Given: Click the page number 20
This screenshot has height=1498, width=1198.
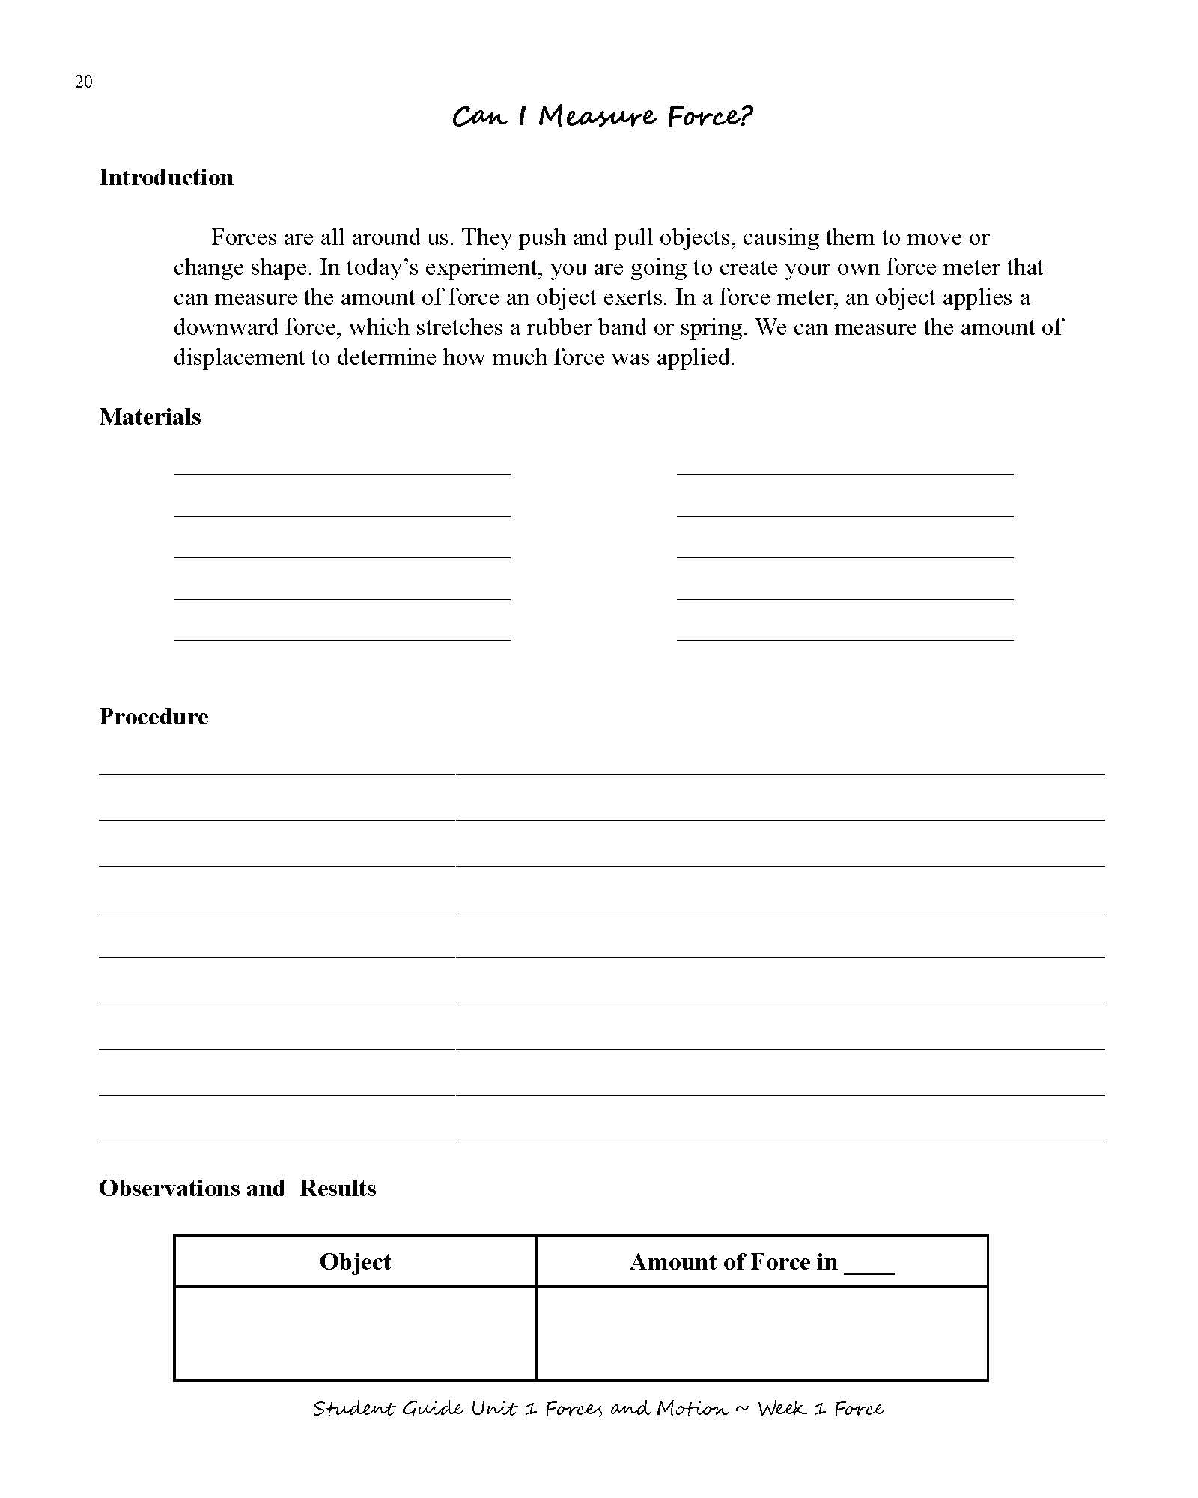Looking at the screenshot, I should (83, 82).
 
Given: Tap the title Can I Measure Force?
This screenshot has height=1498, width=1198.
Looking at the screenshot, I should (602, 116).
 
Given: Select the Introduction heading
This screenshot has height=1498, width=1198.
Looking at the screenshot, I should (166, 178).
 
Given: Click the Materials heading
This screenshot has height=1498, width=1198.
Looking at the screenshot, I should (150, 417).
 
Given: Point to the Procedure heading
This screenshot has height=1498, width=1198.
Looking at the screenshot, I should (153, 717).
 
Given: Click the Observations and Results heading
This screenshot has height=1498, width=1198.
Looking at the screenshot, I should (237, 1189).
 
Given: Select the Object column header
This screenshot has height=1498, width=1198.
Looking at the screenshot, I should (355, 1262).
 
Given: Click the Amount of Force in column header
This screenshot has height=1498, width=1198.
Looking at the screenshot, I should (733, 1262).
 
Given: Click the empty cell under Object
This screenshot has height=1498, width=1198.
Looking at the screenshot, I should (355, 1333).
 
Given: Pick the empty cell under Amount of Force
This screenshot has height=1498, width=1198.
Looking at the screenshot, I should (761, 1333).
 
